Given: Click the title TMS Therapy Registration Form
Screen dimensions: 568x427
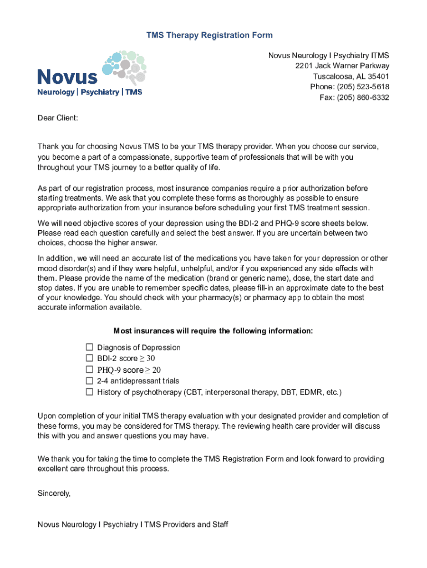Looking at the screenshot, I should pyautogui.click(x=209, y=35).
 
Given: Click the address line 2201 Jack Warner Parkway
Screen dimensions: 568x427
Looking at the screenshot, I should pyautogui.click(x=342, y=66).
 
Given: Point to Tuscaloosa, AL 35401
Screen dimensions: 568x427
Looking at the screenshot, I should pyautogui.click(x=351, y=77).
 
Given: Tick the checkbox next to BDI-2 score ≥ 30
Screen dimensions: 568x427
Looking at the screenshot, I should pyautogui.click(x=89, y=358).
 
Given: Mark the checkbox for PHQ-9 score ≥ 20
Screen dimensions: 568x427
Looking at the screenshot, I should pyautogui.click(x=89, y=369).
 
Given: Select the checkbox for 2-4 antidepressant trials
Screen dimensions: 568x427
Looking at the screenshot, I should pyautogui.click(x=89, y=381).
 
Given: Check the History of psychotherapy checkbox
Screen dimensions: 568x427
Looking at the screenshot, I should pyautogui.click(x=89, y=392).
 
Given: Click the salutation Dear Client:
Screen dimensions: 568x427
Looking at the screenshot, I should pyautogui.click(x=58, y=118).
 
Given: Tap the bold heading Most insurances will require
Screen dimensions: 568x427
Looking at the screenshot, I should pyautogui.click(x=213, y=331).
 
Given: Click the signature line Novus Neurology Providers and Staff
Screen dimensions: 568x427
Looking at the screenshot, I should pyautogui.click(x=133, y=524).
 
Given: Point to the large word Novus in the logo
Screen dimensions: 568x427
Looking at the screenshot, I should pyautogui.click(x=67, y=77).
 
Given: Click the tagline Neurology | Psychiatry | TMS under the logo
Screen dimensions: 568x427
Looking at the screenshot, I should pyautogui.click(x=89, y=92).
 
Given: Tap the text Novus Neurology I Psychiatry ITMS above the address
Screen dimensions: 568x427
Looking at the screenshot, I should pyautogui.click(x=328, y=55).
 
